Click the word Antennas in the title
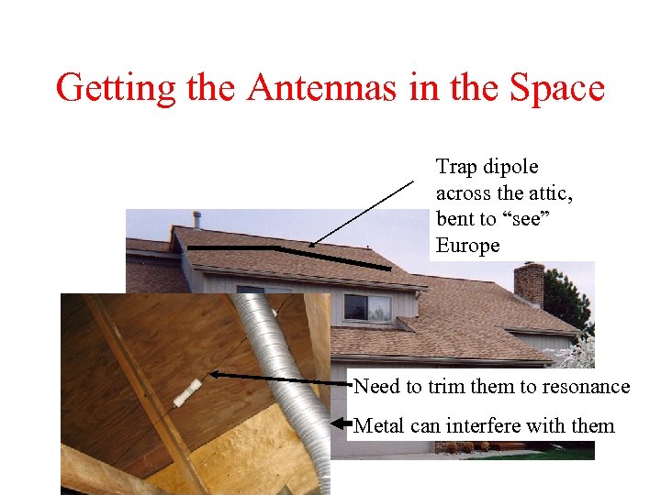(308, 89)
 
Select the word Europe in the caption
(468, 246)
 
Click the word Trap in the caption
(456, 167)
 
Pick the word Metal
(380, 425)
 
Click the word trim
(445, 386)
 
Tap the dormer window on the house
(367, 307)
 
